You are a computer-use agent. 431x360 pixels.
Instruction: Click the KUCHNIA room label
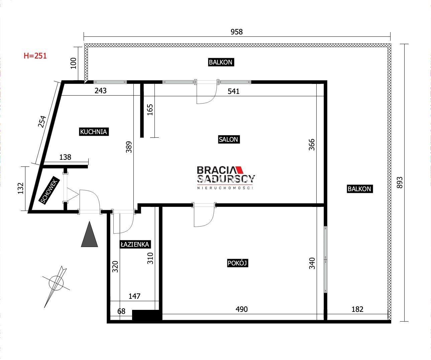coord(94,132)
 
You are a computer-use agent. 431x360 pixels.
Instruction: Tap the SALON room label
coord(229,139)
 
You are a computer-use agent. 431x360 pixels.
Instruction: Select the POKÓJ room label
coord(237,263)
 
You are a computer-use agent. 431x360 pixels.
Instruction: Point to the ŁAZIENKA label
coord(135,244)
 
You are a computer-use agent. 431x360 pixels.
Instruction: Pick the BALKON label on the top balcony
coord(221,62)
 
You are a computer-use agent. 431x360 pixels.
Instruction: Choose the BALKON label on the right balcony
coord(359,189)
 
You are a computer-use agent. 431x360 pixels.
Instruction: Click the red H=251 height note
coord(35,56)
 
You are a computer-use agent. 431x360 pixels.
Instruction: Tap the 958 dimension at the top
coord(236,32)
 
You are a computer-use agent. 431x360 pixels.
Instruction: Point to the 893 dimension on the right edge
coord(400,183)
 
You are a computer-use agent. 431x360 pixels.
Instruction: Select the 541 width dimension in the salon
coord(233,91)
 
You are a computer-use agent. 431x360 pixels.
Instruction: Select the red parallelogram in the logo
coord(240,169)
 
